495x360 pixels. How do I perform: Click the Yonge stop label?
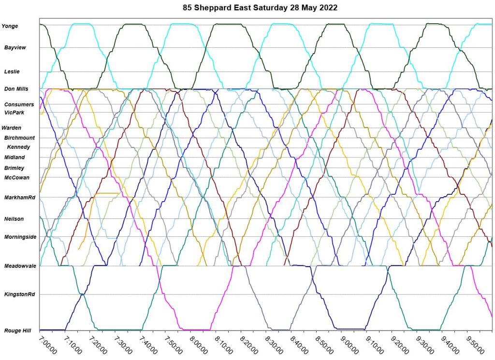tap(10, 26)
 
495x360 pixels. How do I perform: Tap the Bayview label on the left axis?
tap(15, 48)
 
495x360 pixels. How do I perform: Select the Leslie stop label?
tap(12, 72)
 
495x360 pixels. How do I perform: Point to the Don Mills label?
tap(16, 89)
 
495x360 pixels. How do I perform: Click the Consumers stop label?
tap(19, 104)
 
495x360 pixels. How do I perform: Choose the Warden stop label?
tap(12, 128)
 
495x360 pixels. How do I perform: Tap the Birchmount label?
tap(19, 138)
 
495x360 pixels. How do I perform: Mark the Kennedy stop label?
tap(18, 147)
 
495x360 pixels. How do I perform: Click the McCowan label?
tap(17, 177)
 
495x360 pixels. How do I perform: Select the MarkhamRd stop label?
tap(20, 198)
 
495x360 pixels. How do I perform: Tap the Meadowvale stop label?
tap(20, 266)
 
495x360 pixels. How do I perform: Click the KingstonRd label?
tap(20, 294)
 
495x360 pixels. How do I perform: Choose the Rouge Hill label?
tap(18, 331)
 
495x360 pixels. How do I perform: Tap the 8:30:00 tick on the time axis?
tap(274, 346)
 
